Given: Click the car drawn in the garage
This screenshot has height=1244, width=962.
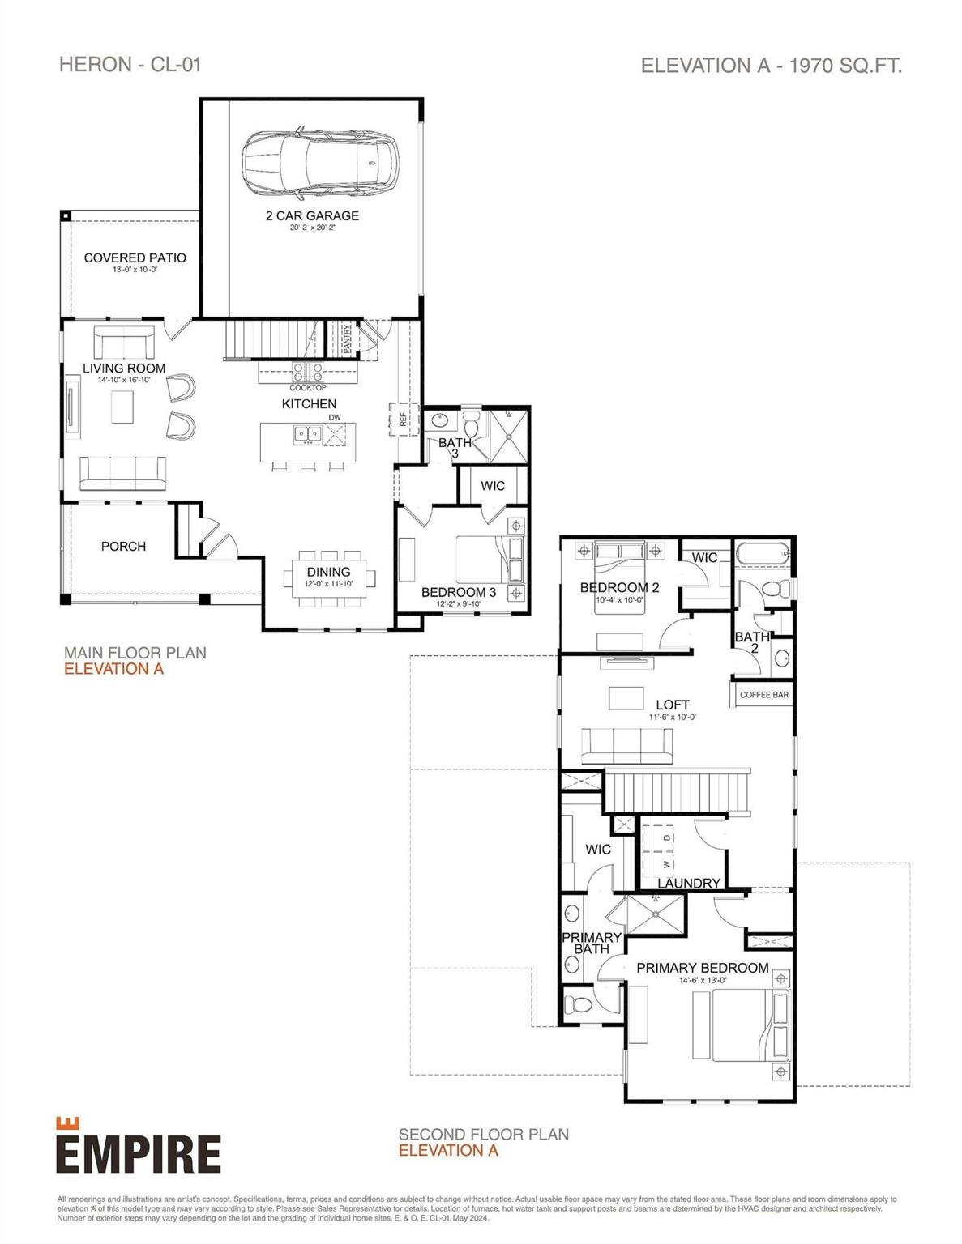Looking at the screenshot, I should pos(319,164).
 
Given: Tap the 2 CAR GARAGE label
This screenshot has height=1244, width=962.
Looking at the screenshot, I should pos(312,215).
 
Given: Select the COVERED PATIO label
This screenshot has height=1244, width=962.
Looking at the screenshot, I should pos(135,258).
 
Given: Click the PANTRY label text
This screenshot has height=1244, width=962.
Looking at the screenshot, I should pos(347,339).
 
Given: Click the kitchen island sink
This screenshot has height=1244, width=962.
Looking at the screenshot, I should pos(308,435).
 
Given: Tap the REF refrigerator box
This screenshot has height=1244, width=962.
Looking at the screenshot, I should pos(403,419).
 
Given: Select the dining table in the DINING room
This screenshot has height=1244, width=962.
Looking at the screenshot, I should pos(329,577).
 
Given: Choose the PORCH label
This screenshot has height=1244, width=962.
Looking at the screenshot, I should pos(123,547).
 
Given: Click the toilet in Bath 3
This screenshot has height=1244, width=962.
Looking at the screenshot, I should pos(472,424).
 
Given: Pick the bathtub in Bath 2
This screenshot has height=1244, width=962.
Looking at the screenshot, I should pos(763,556).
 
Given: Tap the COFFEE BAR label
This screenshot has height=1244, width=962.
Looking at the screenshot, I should pos(763,695).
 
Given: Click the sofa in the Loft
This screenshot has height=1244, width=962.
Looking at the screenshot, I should pos(626,743).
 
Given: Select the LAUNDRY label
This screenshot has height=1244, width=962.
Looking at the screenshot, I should pos(689,883).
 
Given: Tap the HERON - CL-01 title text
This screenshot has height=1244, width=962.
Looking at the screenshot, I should pos(130,65).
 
